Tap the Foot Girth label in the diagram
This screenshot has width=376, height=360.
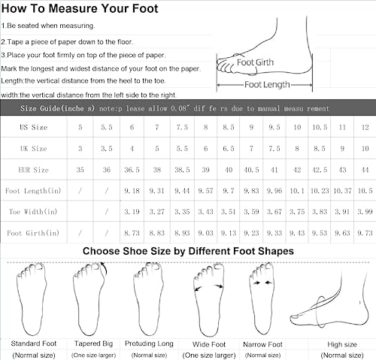point(255,63)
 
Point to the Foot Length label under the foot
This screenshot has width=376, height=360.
point(264,85)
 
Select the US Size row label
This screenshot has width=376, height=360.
point(34,127)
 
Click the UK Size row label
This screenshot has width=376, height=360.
point(34,149)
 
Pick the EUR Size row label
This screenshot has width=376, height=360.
point(34,170)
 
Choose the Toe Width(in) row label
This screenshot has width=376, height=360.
point(34,213)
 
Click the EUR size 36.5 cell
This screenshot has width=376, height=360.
point(133,170)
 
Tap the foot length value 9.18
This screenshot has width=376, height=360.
point(133,192)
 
